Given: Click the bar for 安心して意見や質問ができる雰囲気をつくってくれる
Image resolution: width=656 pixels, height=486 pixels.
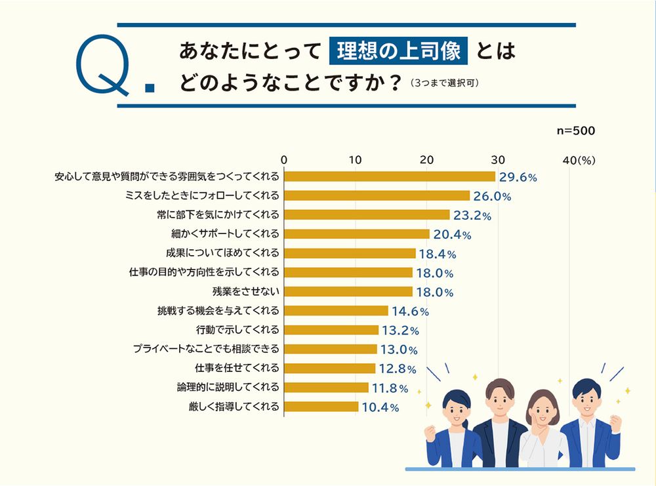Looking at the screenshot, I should [x=389, y=176].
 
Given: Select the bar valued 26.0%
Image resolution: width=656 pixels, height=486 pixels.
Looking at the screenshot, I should [x=377, y=195].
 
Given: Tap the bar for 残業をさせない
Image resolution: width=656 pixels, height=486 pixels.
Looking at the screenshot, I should [x=348, y=291].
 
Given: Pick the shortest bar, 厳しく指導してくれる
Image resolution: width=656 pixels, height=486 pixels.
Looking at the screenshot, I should [x=321, y=407].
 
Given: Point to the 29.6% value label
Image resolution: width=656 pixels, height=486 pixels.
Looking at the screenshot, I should [x=518, y=177].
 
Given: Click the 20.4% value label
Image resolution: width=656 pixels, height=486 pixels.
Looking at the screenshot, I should [x=453, y=235].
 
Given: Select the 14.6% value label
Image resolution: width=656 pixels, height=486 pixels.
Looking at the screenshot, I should [x=411, y=312].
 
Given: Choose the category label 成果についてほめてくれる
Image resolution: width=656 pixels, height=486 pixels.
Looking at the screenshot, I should [x=223, y=253].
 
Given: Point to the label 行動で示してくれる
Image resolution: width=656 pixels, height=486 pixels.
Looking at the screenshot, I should [x=237, y=329].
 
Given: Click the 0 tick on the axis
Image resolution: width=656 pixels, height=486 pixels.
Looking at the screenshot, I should [x=284, y=159].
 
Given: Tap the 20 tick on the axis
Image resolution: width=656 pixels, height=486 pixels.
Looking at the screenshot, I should [x=426, y=159].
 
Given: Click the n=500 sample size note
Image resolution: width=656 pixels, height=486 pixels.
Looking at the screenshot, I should [x=575, y=131].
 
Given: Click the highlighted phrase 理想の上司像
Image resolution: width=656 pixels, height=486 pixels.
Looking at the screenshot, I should [x=399, y=51].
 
